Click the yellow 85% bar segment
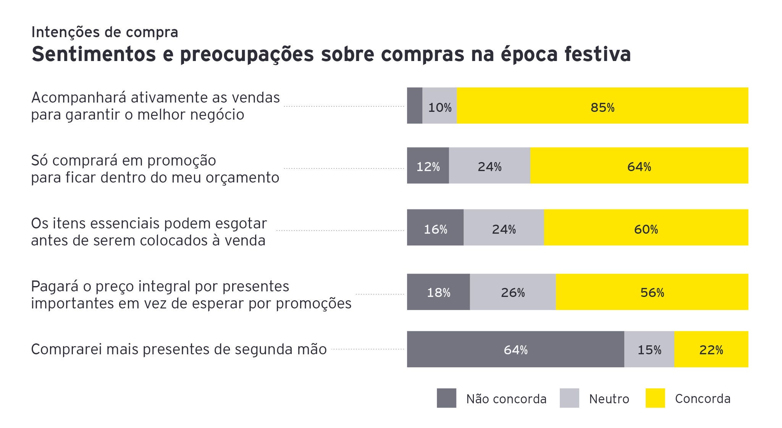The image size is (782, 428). pos(602,106)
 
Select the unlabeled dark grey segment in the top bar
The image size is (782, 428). pos(415,106)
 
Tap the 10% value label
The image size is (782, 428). pos(439,108)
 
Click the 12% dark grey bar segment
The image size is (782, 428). pos(428,166)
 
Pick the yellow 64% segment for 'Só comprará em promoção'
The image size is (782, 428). pos(639,166)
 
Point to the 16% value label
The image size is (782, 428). pos(435,229)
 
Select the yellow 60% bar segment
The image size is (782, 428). pos(646,228)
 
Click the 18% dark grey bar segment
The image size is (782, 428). pos(438,292)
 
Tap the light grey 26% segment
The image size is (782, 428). pos(512,292)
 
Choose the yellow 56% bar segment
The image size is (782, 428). pos(652,292)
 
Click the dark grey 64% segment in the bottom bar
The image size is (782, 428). pos(515,349)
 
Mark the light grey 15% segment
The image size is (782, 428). pos(649,349)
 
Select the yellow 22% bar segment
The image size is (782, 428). pos(711,349)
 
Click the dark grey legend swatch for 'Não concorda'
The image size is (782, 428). pos(446,398)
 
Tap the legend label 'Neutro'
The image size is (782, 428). pos(609,399)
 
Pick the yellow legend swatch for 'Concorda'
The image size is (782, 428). pos(655,398)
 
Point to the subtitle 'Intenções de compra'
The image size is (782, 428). pos(105,32)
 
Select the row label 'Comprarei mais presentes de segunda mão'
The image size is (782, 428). pos(179,349)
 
